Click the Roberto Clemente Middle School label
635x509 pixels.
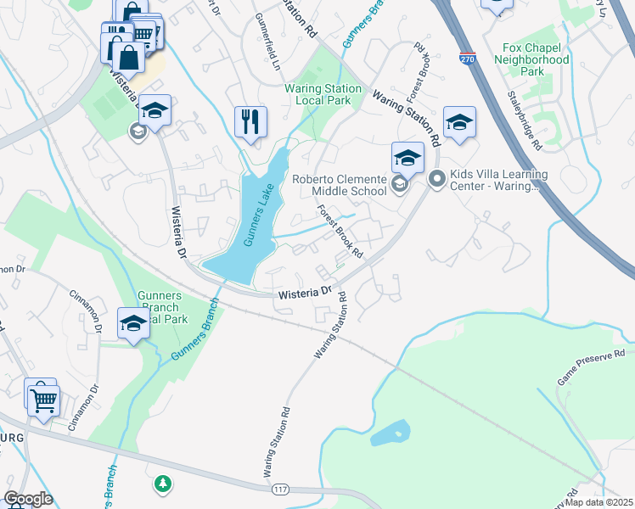[339, 185]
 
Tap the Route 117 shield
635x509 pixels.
[279, 489]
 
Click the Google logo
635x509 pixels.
[28, 499]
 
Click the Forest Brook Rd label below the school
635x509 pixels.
[340, 234]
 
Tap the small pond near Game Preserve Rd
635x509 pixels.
[391, 433]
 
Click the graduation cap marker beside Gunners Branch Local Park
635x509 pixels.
[133, 323]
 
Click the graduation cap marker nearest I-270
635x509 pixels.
[459, 123]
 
